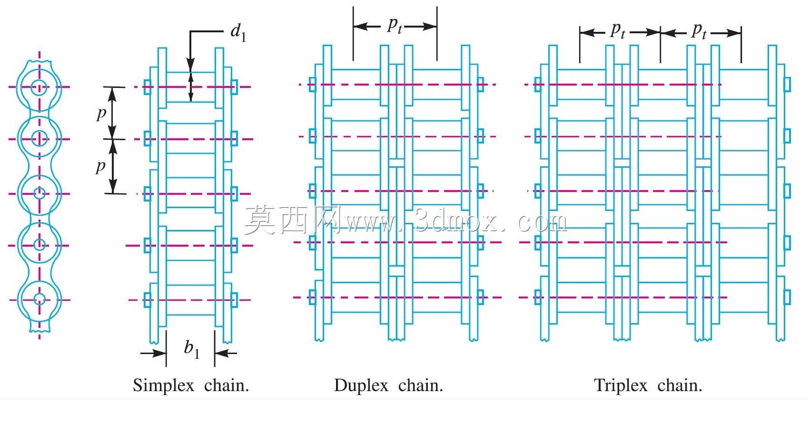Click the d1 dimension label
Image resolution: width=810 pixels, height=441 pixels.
[238, 32]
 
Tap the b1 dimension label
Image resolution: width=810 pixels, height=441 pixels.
[192, 349]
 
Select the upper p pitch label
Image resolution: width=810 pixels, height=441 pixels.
[102, 114]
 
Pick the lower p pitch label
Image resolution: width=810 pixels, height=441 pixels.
[101, 166]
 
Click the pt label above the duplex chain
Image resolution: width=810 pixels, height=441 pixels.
[395, 25]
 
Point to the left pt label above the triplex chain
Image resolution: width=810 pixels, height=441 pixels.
[618, 30]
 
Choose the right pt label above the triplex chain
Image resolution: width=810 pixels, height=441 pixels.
[699, 30]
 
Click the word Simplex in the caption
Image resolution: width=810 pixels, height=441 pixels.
[163, 386]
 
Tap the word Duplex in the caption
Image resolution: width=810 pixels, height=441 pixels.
[361, 386]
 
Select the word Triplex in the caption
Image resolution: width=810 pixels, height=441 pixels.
[621, 386]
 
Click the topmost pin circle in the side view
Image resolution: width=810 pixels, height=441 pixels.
[39, 87]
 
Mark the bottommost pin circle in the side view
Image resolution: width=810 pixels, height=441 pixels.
[40, 299]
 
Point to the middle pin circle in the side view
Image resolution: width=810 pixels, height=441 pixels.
[40, 193]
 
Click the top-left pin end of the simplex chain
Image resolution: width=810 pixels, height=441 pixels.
[147, 87]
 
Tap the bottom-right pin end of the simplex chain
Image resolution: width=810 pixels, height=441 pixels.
[234, 300]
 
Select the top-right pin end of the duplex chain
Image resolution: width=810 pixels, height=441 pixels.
[481, 85]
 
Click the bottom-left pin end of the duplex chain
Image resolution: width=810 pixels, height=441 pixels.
[312, 297]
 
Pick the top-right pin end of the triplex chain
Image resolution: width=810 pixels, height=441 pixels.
[787, 85]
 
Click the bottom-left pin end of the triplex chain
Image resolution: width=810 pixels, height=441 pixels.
[538, 297]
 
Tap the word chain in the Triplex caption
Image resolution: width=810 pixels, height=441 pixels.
[680, 386]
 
